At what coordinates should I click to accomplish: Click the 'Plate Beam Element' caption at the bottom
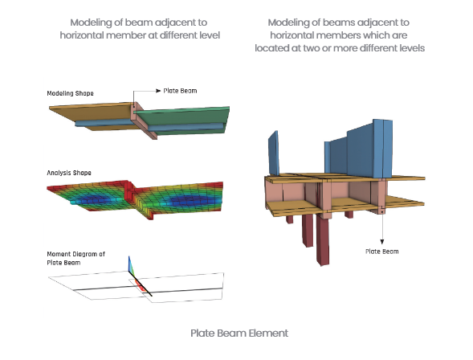(x=239, y=333)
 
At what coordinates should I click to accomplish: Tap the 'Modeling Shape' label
(x=71, y=93)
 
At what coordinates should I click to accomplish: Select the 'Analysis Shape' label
(x=69, y=173)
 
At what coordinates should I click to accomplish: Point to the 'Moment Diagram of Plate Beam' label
(x=75, y=258)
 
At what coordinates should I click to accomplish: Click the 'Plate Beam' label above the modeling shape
(x=180, y=91)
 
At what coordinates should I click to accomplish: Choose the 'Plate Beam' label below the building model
(x=382, y=252)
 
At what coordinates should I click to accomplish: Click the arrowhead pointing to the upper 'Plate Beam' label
(x=158, y=91)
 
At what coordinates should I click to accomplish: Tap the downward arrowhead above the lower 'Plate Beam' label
(x=382, y=242)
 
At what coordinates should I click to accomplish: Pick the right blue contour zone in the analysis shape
(x=190, y=200)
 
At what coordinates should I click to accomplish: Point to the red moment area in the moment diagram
(x=140, y=284)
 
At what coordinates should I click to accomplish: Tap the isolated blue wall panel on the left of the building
(x=273, y=153)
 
